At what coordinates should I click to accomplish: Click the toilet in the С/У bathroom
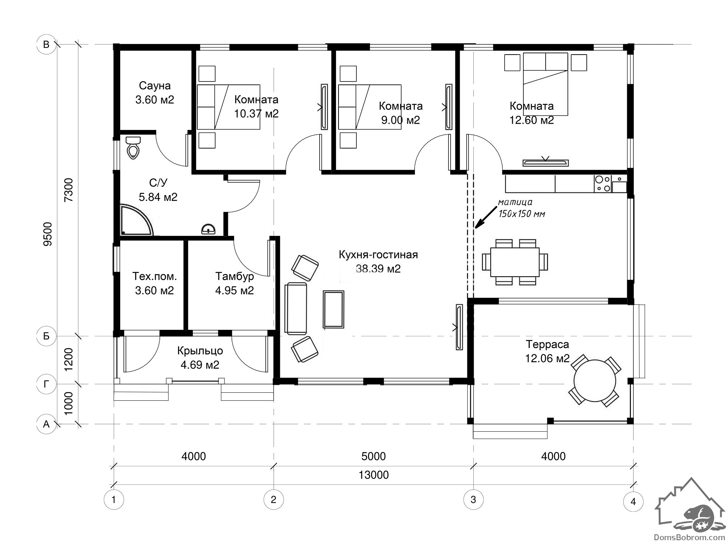pos(133,147)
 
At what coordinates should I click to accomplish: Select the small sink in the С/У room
pos(208,229)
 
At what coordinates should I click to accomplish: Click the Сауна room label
pos(155,86)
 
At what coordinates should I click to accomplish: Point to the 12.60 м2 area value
pos(531,120)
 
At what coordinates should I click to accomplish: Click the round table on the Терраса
pos(595,381)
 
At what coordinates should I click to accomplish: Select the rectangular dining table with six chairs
pos(515,262)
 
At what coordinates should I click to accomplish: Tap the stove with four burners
pos(602,184)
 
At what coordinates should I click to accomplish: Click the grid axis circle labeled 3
pos(473,499)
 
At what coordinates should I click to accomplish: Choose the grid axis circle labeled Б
pos(46,336)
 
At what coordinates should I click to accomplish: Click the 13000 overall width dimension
pos(373,475)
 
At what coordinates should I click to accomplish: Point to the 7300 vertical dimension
pos(68,190)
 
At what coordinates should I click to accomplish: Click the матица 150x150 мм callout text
pos(521,208)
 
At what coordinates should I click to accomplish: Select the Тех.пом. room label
pos(154,277)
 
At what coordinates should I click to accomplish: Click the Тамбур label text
pos(234,277)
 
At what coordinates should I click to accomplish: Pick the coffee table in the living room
pos(333,309)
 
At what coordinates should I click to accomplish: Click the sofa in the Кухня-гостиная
pos(296,308)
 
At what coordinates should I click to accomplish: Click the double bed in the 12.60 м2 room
pos(545,84)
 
